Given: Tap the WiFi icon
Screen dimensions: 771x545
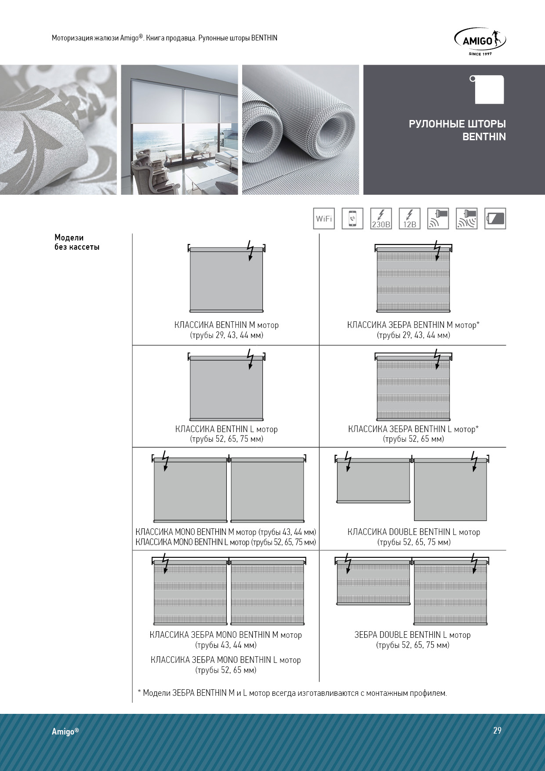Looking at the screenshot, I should click(324, 218).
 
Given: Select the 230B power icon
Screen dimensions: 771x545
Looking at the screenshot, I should click(381, 218).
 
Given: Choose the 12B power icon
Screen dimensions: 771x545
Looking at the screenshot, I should click(410, 218).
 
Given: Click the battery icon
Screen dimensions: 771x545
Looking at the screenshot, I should click(495, 218).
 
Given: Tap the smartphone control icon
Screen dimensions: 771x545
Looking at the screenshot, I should click(352, 218).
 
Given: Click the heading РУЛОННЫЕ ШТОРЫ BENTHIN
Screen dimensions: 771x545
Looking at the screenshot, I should click(457, 130).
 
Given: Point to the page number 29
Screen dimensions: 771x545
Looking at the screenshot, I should click(497, 730).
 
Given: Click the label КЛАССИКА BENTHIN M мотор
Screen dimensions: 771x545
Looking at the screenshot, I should click(226, 325).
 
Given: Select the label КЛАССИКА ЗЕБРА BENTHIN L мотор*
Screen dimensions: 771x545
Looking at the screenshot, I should click(413, 429).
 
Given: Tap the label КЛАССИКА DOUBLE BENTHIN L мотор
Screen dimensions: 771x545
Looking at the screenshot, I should click(414, 532).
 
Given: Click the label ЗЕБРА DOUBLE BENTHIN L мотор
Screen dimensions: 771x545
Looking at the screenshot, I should click(412, 635).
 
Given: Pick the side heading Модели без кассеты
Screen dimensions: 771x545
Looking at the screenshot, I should click(77, 242).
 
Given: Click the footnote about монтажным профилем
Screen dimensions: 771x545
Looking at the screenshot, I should click(292, 693).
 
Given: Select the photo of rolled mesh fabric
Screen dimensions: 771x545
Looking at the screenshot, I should click(300, 130).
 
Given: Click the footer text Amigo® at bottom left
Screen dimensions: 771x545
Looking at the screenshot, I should click(65, 731).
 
